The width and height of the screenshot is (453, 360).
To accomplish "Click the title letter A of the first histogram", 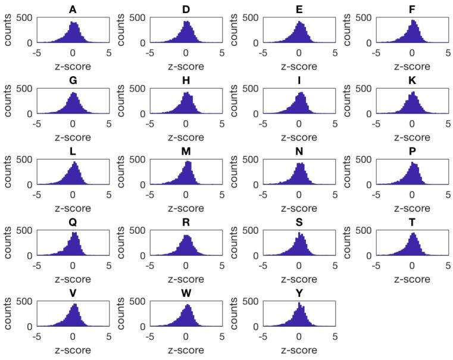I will point(73,10).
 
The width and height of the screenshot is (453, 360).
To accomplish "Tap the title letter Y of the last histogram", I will point(299,293).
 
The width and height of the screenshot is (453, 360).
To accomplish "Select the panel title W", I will point(186,293).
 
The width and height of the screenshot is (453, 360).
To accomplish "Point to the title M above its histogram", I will point(186,152).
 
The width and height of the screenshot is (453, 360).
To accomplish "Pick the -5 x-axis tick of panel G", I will point(36,125).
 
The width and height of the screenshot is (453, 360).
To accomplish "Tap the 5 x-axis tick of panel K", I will point(448,125).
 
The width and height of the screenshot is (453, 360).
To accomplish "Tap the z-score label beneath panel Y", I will point(299,350).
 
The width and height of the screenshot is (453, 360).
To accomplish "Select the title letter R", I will point(186,223).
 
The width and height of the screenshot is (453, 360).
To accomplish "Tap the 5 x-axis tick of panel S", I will point(335,267).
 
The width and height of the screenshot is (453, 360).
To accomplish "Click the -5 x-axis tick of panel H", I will point(149,125).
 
